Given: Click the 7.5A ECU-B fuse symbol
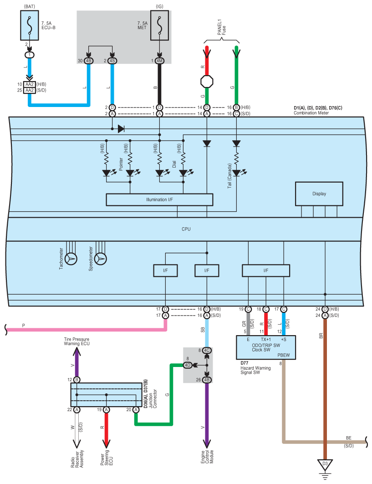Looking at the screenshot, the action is coord(30,25).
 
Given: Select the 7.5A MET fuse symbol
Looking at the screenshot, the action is coord(160,25).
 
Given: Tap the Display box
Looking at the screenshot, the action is coord(319,194).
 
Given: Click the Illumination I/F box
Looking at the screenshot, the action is coord(159,200).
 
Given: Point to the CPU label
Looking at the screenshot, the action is coord(186,229).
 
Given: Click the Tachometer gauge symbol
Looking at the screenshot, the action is coord(71,259).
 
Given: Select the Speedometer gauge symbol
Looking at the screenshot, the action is coord(101,259).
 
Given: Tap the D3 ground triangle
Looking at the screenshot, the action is coord(325,464).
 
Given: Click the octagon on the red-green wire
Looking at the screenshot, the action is coord(207,82).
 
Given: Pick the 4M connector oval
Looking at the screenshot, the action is coord(159,61).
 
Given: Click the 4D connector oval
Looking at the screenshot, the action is coord(188,365).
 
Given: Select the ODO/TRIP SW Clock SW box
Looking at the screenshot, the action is coord(266,347).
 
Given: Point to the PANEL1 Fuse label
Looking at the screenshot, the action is coord(222,27).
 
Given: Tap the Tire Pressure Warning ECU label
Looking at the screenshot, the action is coord(76,341).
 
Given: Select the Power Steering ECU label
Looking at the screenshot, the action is coord(107,458).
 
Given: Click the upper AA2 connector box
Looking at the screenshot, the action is coord(30,84).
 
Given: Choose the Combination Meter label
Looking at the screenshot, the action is coord(311,113).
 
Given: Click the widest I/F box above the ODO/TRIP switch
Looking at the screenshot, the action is coord(266,270).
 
